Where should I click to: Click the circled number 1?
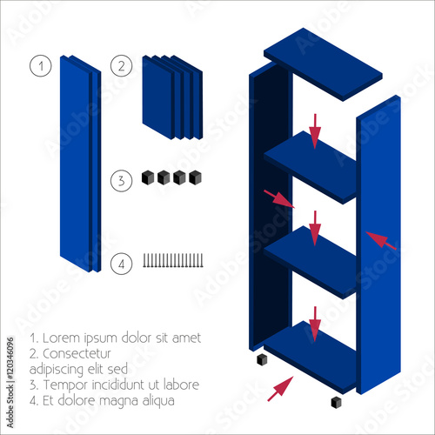point(41,66)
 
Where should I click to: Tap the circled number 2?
point(122,66)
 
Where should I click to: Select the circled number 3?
point(122,181)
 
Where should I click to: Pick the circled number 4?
point(122,264)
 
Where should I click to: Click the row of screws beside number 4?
point(173,260)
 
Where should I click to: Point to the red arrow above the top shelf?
point(315,131)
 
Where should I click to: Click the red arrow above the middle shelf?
point(315,228)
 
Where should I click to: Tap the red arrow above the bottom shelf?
point(315,325)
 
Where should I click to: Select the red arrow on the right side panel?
point(381,240)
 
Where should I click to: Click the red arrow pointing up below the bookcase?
point(280,389)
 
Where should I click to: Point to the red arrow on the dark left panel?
point(279,199)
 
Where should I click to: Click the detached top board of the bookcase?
point(323,64)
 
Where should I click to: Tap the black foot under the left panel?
point(262,359)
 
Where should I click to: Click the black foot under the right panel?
point(337,403)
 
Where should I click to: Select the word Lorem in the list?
point(61,338)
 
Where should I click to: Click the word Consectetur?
point(77,354)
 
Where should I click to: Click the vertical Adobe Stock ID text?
point(10,382)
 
